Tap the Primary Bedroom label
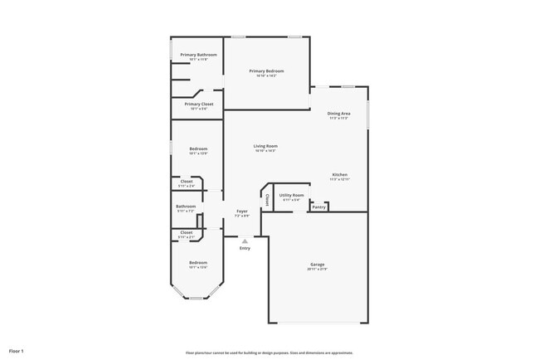coord(267,71)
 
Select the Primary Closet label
coord(199,104)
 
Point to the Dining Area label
coord(338,113)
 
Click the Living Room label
coord(265,146)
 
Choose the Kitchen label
coord(340,174)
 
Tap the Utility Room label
coord(292,195)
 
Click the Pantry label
coord(318,207)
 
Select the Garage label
coord(318,265)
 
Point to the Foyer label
coord(242,212)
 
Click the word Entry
coord(245,248)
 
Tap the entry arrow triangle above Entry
coord(245,241)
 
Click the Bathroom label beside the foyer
coord(186,207)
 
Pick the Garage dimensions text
coord(318,270)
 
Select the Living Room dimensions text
coord(265,151)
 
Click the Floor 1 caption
coord(17,351)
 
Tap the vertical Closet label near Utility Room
coord(267,199)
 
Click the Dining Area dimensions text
coord(338,118)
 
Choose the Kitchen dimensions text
coord(340,179)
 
